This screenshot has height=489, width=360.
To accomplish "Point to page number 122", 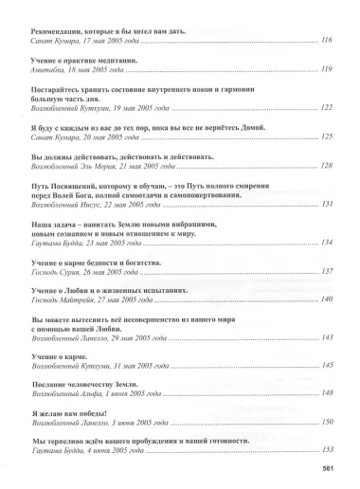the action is click(328, 109).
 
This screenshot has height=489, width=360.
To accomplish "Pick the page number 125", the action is click(328, 137).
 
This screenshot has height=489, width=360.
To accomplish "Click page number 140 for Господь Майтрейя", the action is click(328, 300).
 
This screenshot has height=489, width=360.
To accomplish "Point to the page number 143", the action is click(328, 338).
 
